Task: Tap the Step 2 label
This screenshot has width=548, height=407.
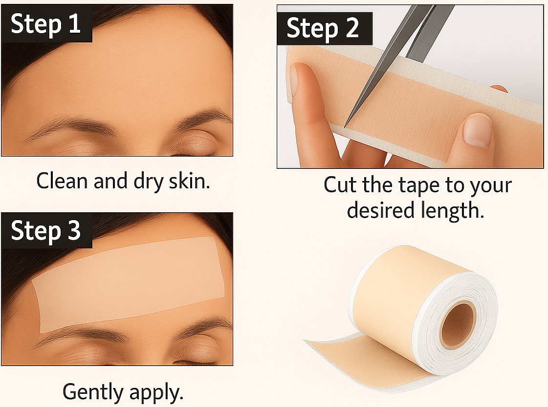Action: (x=323, y=28)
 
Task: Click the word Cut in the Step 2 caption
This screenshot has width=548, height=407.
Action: (x=340, y=186)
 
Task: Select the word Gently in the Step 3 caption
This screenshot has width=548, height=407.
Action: (x=93, y=392)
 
